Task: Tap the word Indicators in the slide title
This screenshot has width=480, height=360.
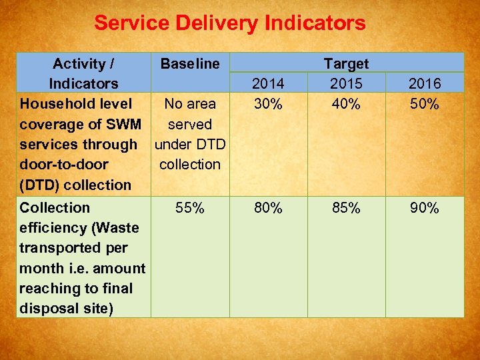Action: (x=315, y=23)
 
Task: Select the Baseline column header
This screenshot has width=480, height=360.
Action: (x=190, y=64)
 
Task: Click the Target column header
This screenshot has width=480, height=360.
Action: (x=346, y=64)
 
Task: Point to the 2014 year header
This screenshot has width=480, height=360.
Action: (x=268, y=84)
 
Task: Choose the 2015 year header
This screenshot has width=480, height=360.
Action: (x=346, y=84)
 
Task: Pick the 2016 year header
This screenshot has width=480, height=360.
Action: (x=425, y=84)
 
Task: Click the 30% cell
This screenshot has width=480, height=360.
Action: (x=268, y=104)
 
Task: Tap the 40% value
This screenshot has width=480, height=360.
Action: (x=346, y=104)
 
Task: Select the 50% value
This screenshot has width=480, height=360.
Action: (x=425, y=104)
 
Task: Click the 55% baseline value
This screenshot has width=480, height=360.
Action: (x=190, y=208)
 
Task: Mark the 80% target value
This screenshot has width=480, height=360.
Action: (x=268, y=208)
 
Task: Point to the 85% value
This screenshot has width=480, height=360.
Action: (x=346, y=208)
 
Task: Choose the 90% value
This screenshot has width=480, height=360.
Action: (x=425, y=208)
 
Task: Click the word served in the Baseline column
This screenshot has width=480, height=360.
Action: (x=190, y=124)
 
